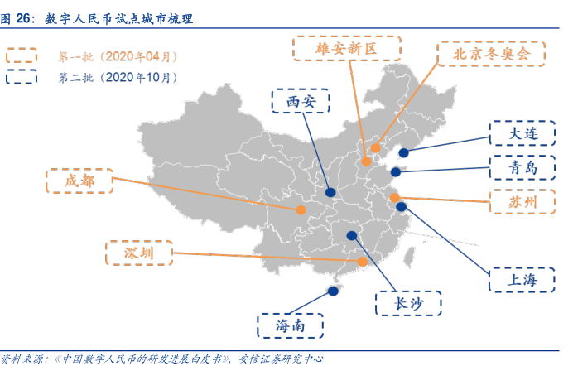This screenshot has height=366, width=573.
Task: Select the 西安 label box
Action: [301, 102]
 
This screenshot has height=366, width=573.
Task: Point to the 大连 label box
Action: [522, 133]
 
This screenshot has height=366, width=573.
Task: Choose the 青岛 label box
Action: [522, 167]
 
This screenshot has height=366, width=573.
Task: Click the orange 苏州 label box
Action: [522, 201]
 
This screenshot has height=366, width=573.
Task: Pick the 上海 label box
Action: [522, 278]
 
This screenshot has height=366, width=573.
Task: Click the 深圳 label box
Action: [139, 253]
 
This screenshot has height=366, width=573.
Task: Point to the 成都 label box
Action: [80, 181]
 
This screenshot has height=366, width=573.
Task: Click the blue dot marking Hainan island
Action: [333, 291]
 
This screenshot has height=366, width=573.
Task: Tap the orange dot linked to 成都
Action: [301, 209]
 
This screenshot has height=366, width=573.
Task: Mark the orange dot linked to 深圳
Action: [362, 262]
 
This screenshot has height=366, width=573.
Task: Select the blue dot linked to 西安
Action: [330, 193]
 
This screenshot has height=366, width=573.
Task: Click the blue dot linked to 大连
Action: [403, 152]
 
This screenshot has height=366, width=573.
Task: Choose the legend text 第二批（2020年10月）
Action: [117, 78]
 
